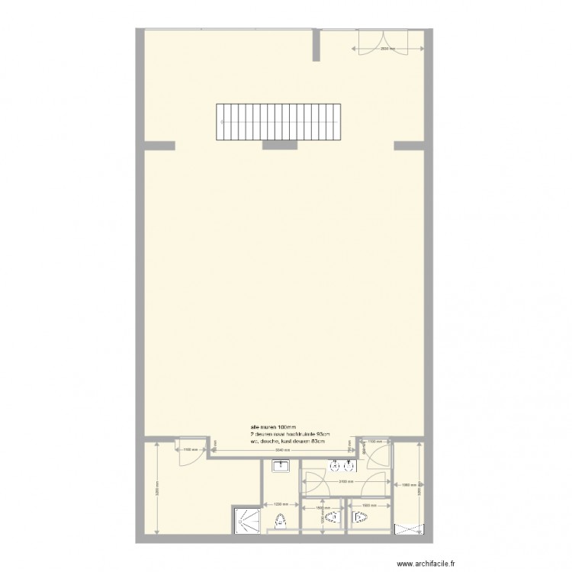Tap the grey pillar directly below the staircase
275,144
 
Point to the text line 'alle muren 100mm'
272,426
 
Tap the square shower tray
246,522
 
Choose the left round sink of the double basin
334,465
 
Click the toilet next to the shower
281,521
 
